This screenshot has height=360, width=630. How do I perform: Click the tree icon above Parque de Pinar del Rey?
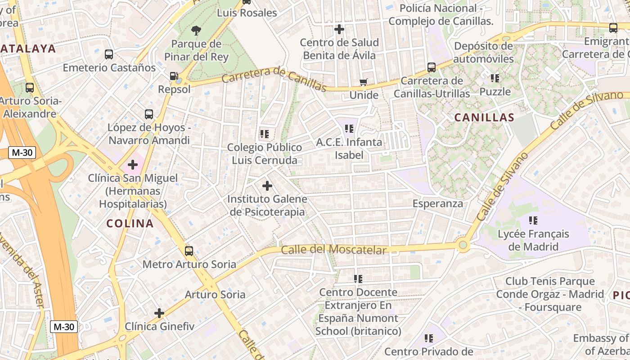click(x=196, y=31)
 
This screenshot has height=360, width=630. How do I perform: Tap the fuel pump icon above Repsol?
click(x=174, y=76)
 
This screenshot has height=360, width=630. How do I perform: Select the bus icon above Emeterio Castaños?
click(x=108, y=54)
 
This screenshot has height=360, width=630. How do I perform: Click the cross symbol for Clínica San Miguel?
click(x=132, y=165)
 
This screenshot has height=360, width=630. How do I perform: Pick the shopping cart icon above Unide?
click(x=364, y=82)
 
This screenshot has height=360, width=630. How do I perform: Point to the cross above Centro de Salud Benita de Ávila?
click(x=339, y=30)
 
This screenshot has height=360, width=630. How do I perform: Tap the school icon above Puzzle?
click(x=495, y=78)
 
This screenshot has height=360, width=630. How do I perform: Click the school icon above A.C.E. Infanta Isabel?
click(x=349, y=129)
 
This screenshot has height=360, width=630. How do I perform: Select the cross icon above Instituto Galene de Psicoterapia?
click(x=267, y=185)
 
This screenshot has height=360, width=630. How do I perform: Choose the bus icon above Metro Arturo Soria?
click(x=189, y=251)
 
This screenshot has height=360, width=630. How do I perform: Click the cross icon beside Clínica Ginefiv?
click(x=159, y=313)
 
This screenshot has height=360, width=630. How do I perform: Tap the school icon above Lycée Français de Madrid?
click(x=533, y=220)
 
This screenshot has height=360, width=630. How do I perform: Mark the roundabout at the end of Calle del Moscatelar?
click(x=463, y=245)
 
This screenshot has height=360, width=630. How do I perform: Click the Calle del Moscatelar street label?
click(x=334, y=250)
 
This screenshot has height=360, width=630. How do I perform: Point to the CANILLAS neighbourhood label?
click(x=484, y=118)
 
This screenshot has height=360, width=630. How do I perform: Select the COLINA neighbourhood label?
click(x=130, y=224)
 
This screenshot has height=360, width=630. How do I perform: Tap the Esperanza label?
click(x=438, y=203)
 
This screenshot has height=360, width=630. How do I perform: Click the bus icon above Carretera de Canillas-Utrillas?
click(x=432, y=67)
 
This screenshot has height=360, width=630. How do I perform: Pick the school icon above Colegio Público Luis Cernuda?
click(x=264, y=134)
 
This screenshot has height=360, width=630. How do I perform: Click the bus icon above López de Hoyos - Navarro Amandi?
click(x=149, y=114)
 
